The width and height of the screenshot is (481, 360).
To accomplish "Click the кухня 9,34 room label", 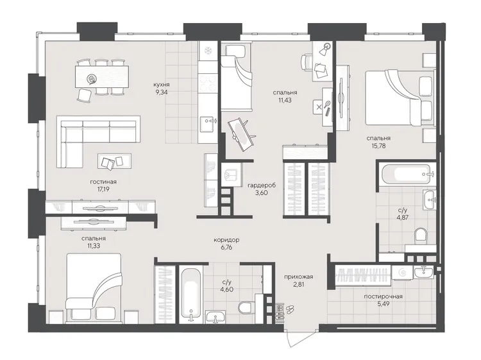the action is coord(162,88).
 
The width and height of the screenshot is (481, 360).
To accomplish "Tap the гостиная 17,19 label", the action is coord(103,185).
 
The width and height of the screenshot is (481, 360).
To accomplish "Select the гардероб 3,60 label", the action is coord(262,189).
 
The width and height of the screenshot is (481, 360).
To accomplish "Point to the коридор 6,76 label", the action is coord(226,243).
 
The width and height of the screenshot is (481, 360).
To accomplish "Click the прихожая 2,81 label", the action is coord(298,280).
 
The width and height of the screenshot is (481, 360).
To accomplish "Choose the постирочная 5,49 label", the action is coord(383,300).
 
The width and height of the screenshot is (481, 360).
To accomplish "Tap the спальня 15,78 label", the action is coord(378,142).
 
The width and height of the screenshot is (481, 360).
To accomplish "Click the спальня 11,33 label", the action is coord(94,242).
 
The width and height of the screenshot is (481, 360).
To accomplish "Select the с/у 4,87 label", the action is coord(403,214).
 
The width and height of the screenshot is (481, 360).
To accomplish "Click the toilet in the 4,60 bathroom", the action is coord(246,307).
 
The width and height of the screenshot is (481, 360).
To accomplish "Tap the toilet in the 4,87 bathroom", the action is coord(421,236).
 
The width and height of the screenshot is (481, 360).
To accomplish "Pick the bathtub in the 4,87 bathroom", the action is coord(405,173).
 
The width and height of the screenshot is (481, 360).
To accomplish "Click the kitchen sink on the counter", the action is coord(208,124).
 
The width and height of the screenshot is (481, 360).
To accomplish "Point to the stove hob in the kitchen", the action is coord(208,83).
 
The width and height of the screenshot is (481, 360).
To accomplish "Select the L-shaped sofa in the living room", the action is coord(98,142).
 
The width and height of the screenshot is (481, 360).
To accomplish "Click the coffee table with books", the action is coord(114,161).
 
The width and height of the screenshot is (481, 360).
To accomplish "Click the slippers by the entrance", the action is coord(290,309).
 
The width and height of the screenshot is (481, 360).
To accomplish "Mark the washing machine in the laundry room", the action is coord(402,272).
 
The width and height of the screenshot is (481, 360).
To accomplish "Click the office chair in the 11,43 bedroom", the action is coord(306,62).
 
